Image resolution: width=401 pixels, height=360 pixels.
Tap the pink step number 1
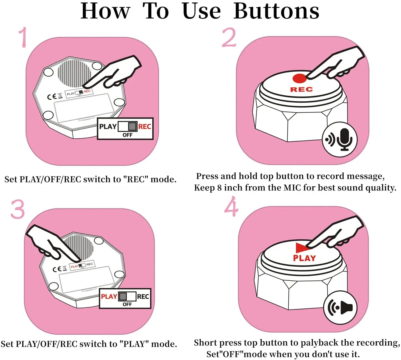click(x=23, y=37)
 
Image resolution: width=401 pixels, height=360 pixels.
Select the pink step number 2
click(x=229, y=37)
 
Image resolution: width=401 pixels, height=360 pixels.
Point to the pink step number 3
click(x=18, y=209)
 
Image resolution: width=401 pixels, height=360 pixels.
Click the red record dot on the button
click(x=299, y=78)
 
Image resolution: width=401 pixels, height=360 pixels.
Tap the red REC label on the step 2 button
click(x=301, y=89)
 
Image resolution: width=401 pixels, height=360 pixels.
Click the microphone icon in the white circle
click(x=345, y=139)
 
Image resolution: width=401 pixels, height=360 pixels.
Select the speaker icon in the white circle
click(x=346, y=308)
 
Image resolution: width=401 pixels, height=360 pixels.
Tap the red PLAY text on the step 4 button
click(x=305, y=258)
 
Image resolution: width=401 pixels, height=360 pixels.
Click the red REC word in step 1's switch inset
click(x=145, y=127)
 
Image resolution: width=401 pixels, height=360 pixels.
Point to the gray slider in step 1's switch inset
click(x=132, y=126)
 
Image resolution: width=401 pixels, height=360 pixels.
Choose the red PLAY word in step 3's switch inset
click(x=109, y=297)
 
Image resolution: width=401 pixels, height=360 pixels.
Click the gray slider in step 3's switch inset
click(x=123, y=297)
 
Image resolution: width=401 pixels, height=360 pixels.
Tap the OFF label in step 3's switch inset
click(x=127, y=304)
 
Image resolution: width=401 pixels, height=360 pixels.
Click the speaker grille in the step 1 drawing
click(x=74, y=74)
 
